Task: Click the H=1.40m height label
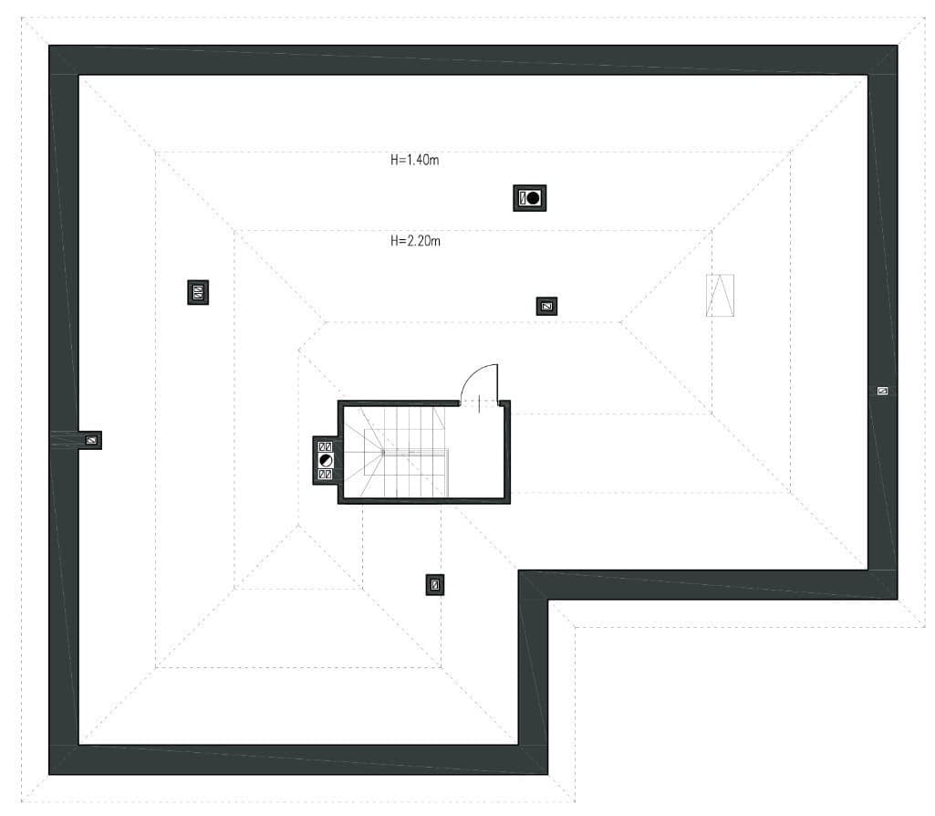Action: tap(414, 160)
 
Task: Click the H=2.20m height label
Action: tap(415, 241)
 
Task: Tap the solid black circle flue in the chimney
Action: tap(533, 198)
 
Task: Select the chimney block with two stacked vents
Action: tap(198, 292)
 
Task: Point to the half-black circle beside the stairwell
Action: tap(326, 460)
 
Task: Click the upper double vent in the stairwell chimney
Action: tap(326, 446)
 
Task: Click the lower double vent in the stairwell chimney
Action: tap(326, 475)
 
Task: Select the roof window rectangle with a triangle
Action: tap(720, 295)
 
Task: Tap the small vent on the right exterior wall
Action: tap(882, 392)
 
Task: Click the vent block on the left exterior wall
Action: tap(91, 440)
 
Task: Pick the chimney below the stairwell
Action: tap(435, 585)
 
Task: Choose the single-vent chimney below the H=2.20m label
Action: tap(546, 307)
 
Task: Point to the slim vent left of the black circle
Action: tap(523, 198)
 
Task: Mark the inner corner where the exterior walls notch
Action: tap(548, 600)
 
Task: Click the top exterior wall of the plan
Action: tap(473, 59)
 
